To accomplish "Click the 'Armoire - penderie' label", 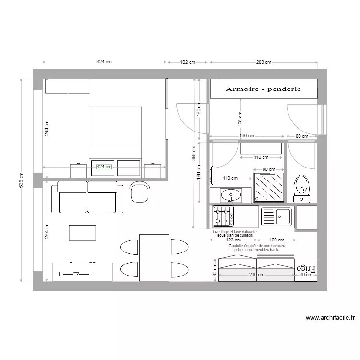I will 263,89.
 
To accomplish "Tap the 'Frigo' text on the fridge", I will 306,268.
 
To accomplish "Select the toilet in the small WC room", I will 302,188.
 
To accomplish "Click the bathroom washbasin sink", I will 231,196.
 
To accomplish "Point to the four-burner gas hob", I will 223,216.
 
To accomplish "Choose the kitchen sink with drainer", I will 276,216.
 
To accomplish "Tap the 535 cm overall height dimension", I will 21,180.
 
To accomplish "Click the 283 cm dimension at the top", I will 264,62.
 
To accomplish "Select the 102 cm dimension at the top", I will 188,62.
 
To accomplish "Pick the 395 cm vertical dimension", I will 194,153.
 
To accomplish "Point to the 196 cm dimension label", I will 246,136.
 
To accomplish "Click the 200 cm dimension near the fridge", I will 256,275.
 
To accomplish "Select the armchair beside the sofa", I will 140,193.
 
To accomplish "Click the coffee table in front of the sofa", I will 83,232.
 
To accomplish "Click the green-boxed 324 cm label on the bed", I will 104,167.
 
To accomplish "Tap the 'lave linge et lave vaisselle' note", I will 235,232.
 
